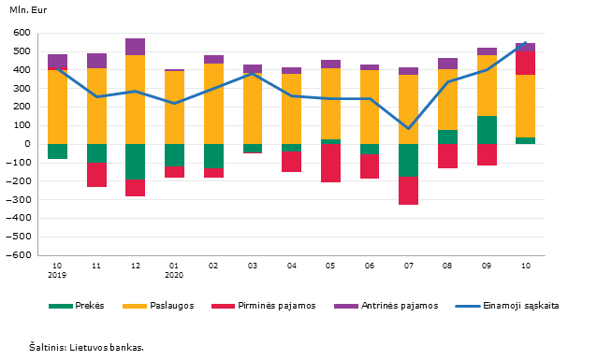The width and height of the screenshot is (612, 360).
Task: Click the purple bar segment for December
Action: click(135, 47)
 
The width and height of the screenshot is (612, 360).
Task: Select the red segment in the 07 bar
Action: click(408, 191)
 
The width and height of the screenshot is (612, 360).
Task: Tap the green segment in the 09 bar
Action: click(487, 130)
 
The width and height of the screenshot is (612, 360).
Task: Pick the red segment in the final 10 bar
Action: click(525, 64)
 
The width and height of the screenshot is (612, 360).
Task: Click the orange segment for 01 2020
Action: click(174, 108)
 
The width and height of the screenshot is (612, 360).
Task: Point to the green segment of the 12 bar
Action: click(135, 162)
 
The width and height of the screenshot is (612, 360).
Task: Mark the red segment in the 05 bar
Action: click(330, 163)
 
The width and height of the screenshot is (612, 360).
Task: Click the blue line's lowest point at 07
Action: click(408, 128)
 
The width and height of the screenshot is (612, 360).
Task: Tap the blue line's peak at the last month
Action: click(525, 42)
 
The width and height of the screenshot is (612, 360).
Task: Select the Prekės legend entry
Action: click(77, 306)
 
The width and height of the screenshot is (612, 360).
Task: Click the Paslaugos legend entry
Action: click(158, 306)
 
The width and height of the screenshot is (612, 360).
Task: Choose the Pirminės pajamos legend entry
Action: click(264, 306)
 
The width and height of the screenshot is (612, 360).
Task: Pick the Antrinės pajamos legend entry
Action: click(386, 306)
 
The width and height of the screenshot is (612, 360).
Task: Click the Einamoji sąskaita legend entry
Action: click(507, 306)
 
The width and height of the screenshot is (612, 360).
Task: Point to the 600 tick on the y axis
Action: click(22, 33)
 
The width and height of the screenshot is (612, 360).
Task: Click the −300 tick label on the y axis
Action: click(19, 200)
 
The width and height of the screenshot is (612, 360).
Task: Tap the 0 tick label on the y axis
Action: click(27, 144)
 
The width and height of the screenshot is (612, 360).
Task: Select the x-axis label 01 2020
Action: click(174, 270)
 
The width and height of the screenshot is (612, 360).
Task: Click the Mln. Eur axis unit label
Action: click(28, 10)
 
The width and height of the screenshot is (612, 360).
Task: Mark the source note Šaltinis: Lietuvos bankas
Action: click(86, 347)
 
